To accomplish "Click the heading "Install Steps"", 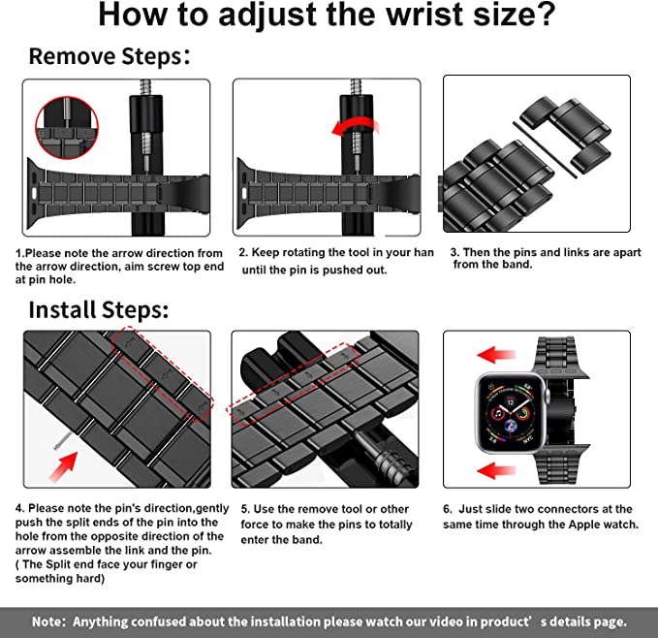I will [x=98, y=310].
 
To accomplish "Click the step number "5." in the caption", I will [x=246, y=509].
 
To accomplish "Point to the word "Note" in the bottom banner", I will [x=48, y=622].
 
